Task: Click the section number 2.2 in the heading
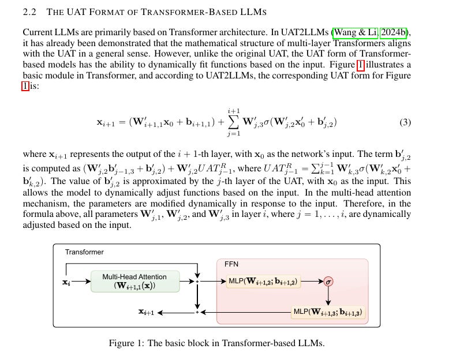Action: point(31,12)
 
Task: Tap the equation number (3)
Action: point(405,122)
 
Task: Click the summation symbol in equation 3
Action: point(234,122)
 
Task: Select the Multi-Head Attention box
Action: point(136,282)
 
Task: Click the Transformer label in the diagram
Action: point(84,252)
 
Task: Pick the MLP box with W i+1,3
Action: point(328,312)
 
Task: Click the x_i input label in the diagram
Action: point(66,282)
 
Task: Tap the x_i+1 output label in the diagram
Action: point(145,312)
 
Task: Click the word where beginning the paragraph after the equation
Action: point(35,154)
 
